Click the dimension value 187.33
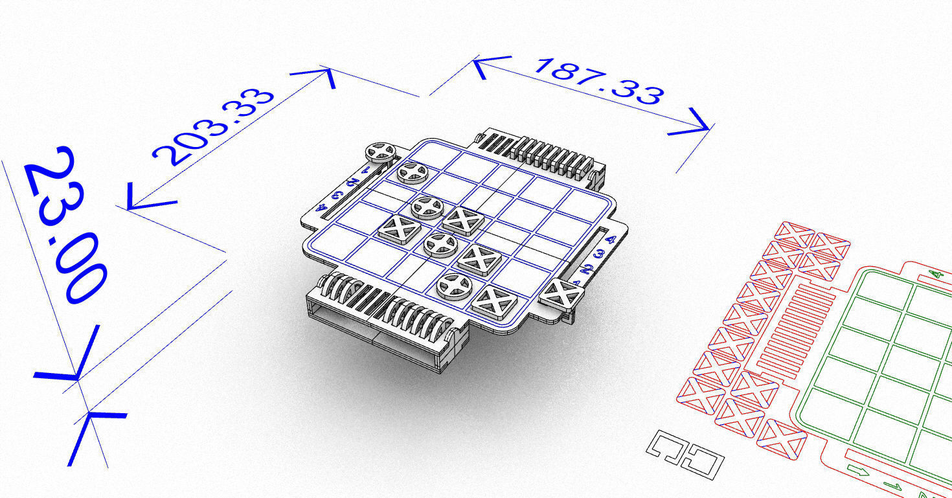pyautogui.click(x=598, y=82)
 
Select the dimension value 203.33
pyautogui.click(x=214, y=127)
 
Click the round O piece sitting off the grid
pyautogui.click(x=380, y=152)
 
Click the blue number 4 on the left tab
pyautogui.click(x=322, y=208)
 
